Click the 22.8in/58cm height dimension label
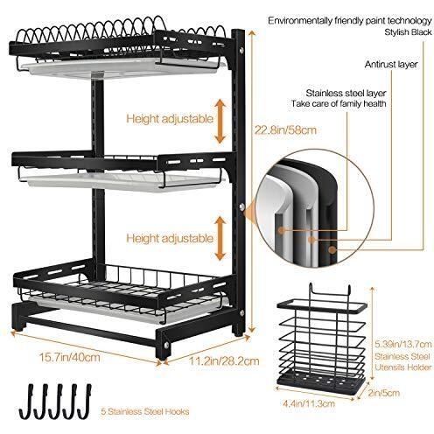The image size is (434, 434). point(285,129)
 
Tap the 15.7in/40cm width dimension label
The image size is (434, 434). point(70,357)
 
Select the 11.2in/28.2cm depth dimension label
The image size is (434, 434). point(224,361)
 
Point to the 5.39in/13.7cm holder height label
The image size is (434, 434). point(402,344)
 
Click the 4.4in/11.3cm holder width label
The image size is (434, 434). point(309,403)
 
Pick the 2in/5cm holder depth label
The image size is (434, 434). point(383,393)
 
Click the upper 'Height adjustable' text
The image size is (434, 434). point(170,119)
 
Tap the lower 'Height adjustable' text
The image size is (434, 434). point(170,238)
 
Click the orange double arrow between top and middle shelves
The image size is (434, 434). point(220,121)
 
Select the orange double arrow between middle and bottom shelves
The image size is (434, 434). point(220,238)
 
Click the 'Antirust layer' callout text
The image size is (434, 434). point(391,64)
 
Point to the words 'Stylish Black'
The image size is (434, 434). point(408,32)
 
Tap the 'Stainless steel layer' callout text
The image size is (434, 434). point(346,93)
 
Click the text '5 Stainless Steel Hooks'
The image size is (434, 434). point(145,411)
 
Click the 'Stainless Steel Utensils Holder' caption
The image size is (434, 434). point(402,361)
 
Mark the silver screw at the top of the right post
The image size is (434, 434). point(241,51)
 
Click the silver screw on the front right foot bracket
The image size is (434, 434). point(166,346)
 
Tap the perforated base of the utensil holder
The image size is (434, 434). point(321,382)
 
